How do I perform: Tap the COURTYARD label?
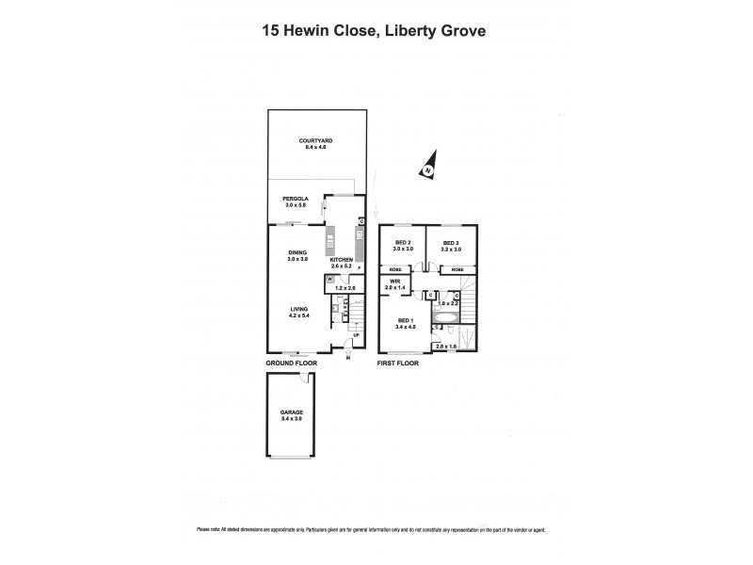(x=315, y=140)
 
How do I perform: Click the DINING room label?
(x=297, y=252)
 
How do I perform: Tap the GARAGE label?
(x=290, y=411)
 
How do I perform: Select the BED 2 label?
(x=403, y=243)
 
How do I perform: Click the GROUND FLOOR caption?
(x=292, y=362)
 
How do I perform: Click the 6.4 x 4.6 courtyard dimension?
(x=315, y=147)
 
